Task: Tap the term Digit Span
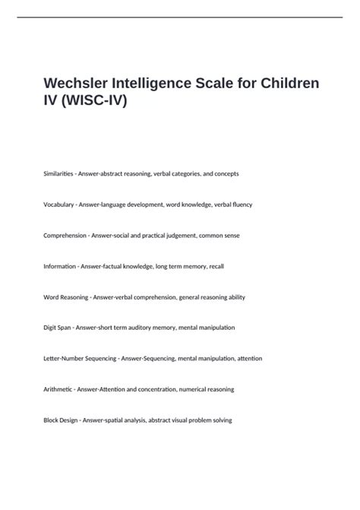click(x=57, y=328)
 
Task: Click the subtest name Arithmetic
click(x=58, y=389)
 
